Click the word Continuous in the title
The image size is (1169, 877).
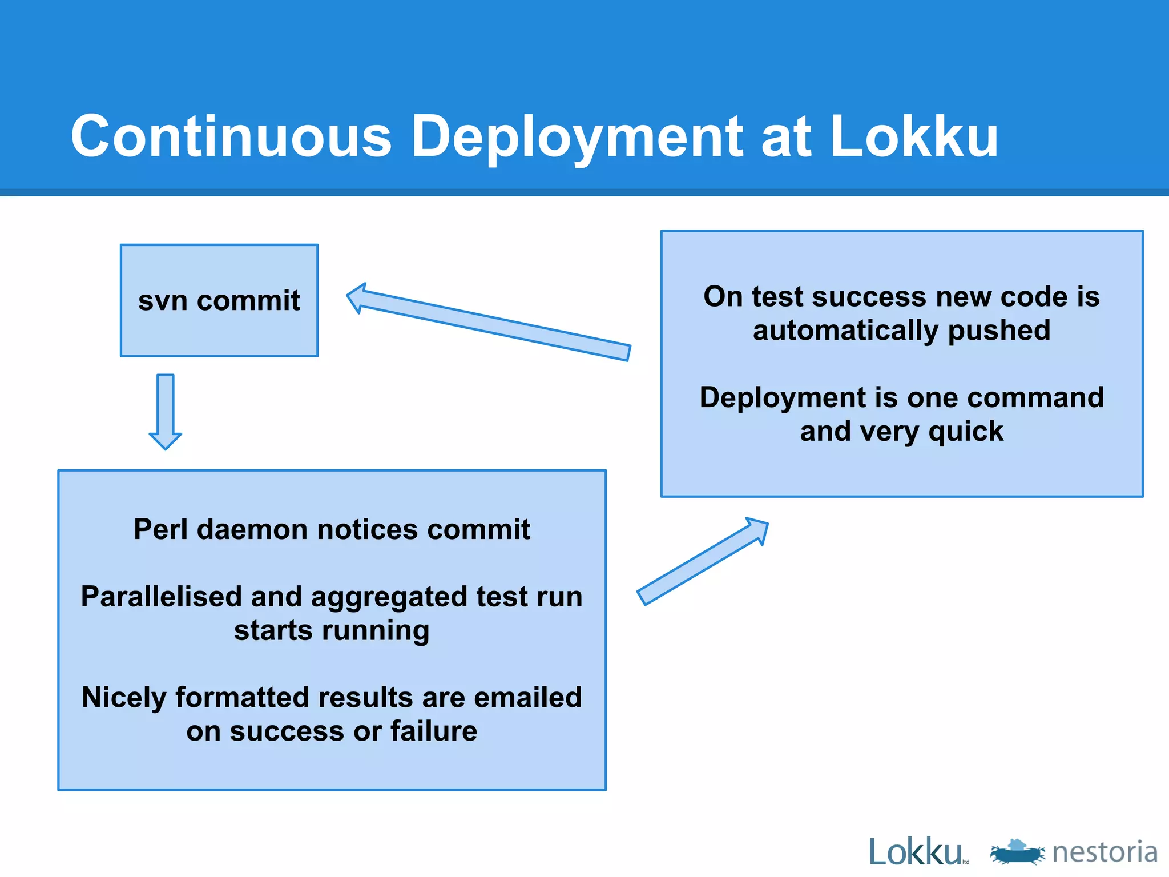tap(231, 137)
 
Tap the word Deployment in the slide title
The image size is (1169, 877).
tap(577, 137)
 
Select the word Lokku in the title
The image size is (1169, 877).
tap(914, 137)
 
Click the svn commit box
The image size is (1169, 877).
tap(219, 300)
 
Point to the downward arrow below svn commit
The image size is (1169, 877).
tap(166, 411)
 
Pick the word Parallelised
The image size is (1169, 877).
tap(162, 597)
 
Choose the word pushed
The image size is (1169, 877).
tap(999, 331)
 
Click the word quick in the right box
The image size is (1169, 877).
tap(966, 432)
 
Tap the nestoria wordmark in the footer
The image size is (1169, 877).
tap(1105, 852)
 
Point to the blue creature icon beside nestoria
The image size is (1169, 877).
tap(1018, 852)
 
